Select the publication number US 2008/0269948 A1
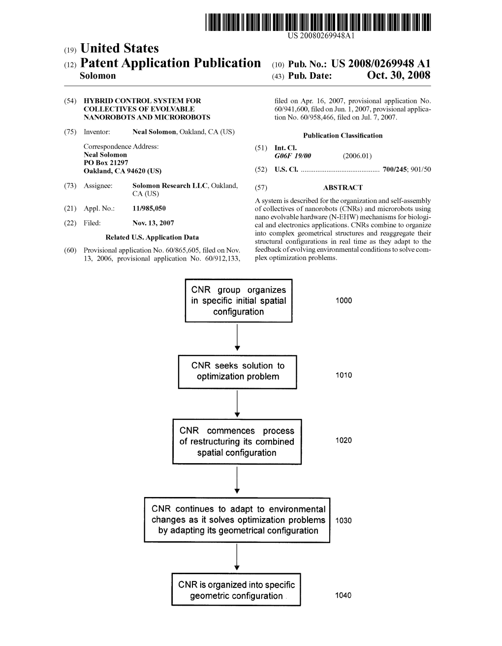(381, 63)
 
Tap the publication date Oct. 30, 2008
(398, 76)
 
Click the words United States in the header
(119, 48)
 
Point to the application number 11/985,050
(149, 208)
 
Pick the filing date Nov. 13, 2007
(153, 223)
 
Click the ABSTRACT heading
(343, 187)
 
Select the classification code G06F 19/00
(292, 156)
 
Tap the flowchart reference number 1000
(344, 301)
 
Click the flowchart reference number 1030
(344, 521)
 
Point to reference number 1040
(344, 596)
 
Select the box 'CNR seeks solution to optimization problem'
(238, 372)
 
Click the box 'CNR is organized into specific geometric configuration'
(236, 590)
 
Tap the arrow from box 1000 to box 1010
(237, 338)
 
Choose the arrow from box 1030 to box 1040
(237, 558)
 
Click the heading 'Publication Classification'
(343, 136)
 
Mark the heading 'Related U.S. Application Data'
(153, 237)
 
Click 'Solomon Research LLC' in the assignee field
(161, 186)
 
